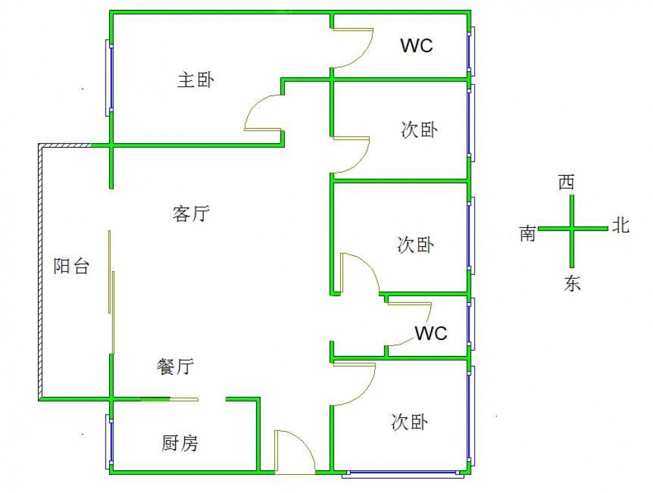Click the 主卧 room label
coord(196,80)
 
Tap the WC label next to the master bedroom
coord(417,46)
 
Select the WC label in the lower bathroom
coord(432,334)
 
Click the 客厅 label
coord(191,214)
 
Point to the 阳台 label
coord(71,266)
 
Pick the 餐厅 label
coord(175,367)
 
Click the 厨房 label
coord(180,444)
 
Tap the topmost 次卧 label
coord(419,131)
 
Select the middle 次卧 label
coord(415,246)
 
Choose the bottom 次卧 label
coord(409,422)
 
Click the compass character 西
coord(566,182)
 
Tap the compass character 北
coord(620,226)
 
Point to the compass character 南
coord(528,234)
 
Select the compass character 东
coord(572,283)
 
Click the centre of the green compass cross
coord(572,229)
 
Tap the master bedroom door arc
coord(262,113)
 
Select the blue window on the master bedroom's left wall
coord(109,78)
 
